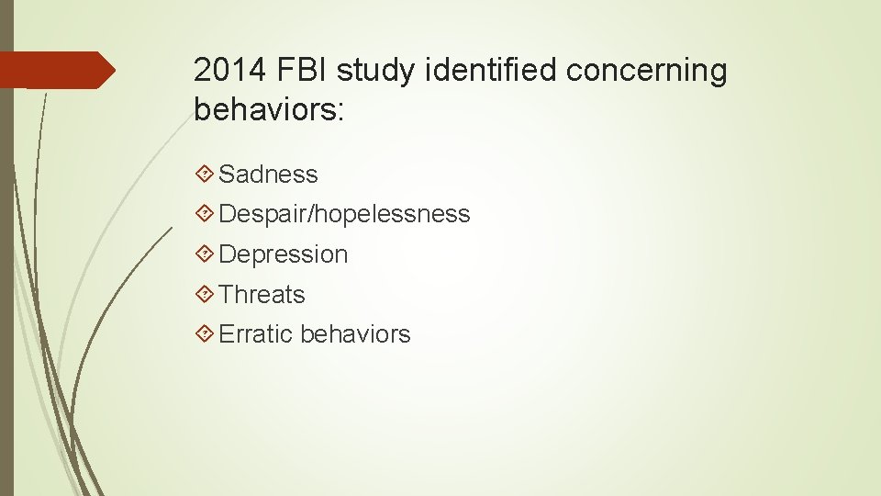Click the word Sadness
point(269,175)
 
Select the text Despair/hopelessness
point(345,215)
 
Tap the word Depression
point(284,254)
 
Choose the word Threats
point(262,295)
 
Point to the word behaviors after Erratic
point(355,334)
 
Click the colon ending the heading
point(340,111)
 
